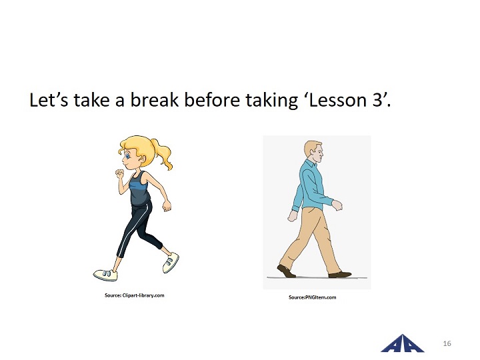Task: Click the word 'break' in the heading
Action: (x=154, y=99)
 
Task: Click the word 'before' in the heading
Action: (x=212, y=99)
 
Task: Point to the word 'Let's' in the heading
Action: (x=49, y=100)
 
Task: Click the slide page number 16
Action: (x=447, y=343)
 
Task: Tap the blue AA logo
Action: (x=402, y=343)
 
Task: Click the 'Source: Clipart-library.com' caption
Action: (x=135, y=295)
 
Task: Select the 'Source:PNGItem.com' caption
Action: (x=312, y=297)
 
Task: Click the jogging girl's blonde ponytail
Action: (x=163, y=153)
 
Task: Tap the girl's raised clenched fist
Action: (x=120, y=173)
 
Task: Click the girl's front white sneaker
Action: (x=105, y=275)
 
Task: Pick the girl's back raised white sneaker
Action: (x=171, y=263)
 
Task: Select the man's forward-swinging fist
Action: (x=337, y=205)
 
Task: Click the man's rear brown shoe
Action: (x=286, y=271)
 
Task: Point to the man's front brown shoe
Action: (x=340, y=274)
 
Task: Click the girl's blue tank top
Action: (x=139, y=190)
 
